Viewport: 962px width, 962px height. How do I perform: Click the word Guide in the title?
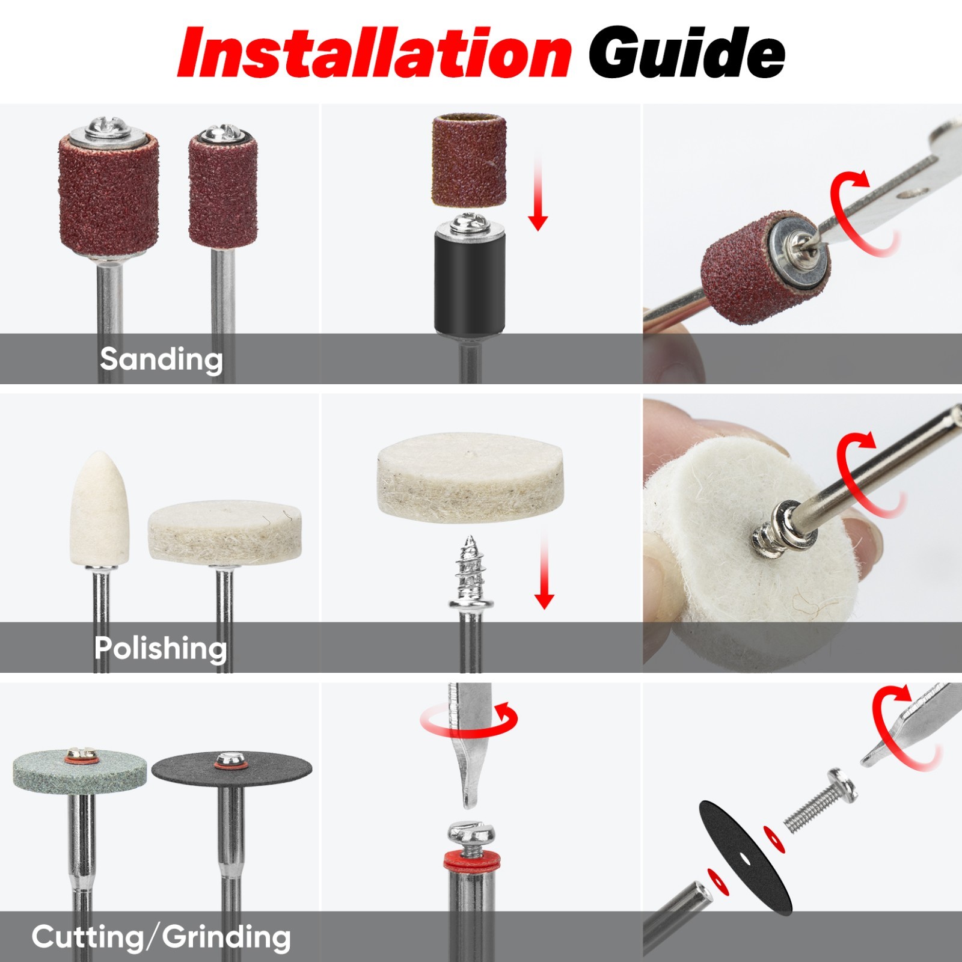point(687,53)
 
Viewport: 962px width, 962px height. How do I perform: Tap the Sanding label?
point(161,359)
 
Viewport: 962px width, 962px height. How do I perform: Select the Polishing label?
point(161,648)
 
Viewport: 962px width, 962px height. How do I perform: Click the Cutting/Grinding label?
point(161,937)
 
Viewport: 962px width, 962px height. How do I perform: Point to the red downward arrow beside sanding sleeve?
point(538,192)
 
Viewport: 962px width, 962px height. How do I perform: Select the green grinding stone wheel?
point(79,776)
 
